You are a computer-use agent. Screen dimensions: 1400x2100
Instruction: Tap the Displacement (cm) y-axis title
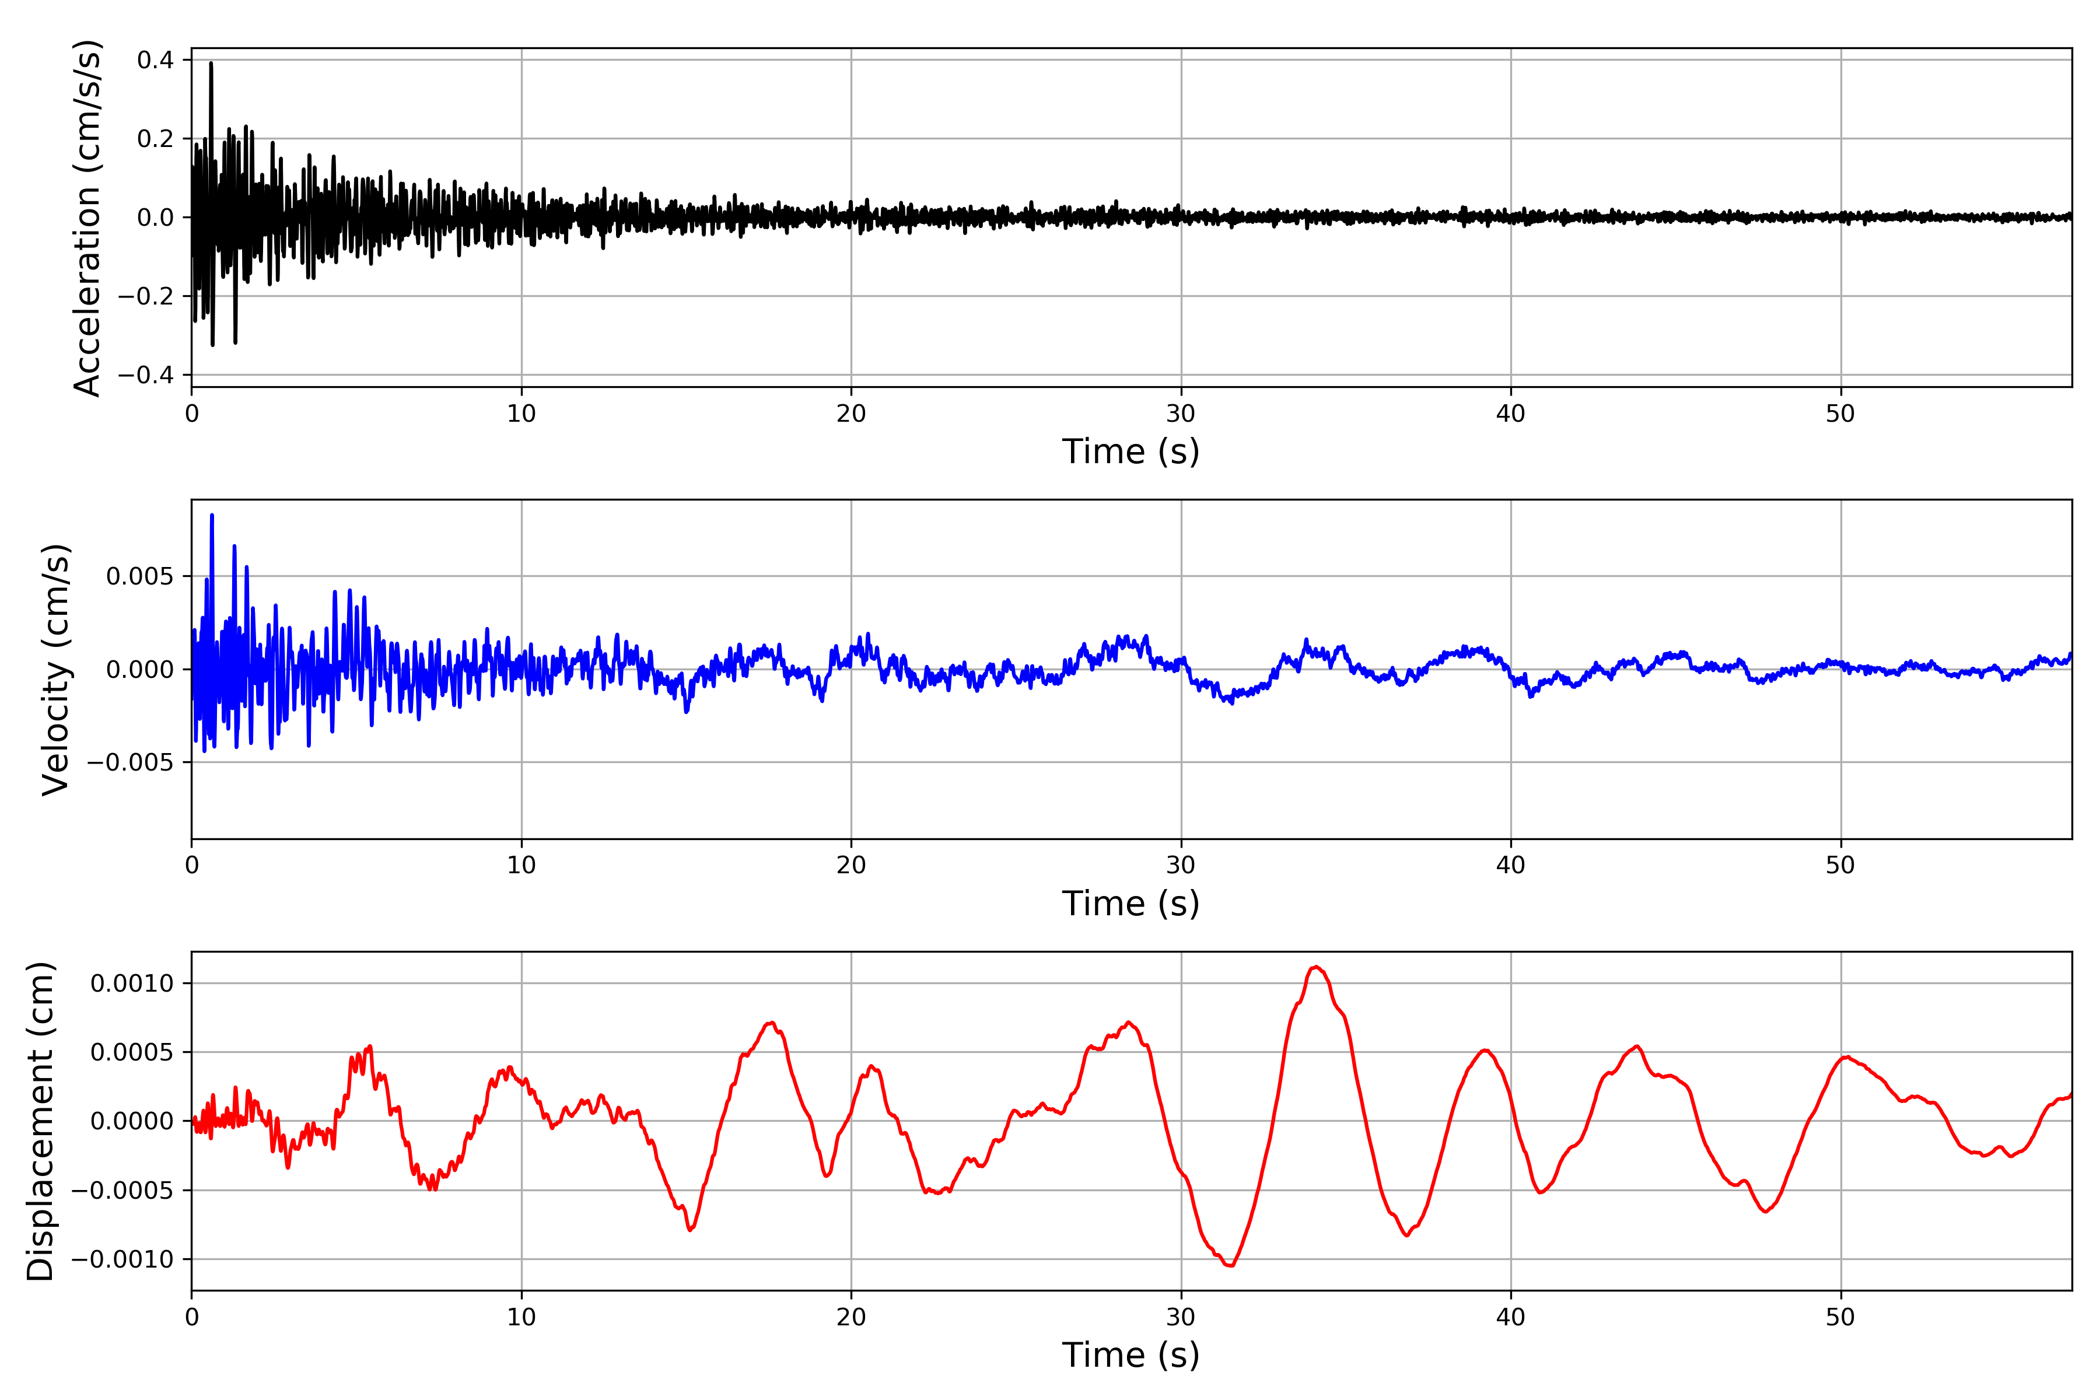click(x=41, y=1121)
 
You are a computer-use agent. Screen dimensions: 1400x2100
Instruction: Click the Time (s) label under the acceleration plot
click(x=1130, y=452)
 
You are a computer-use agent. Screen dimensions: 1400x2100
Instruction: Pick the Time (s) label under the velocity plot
click(x=1130, y=904)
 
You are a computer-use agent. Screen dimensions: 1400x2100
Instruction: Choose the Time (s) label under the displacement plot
click(x=1130, y=1355)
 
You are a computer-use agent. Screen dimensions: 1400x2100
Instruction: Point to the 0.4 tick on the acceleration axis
click(x=155, y=60)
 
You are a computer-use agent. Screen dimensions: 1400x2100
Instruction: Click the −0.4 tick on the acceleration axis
click(x=145, y=375)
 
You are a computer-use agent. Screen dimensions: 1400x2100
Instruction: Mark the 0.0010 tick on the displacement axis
click(x=132, y=984)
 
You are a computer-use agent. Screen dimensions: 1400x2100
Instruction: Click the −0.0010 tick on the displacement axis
click(x=123, y=1260)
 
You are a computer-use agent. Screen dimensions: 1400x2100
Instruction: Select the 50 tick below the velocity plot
click(x=1840, y=865)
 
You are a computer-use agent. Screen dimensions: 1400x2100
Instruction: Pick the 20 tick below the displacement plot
click(x=851, y=1317)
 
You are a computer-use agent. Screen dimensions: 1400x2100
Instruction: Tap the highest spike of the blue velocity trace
click(x=212, y=515)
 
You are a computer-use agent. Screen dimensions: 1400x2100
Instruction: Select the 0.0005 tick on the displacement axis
click(x=132, y=1053)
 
